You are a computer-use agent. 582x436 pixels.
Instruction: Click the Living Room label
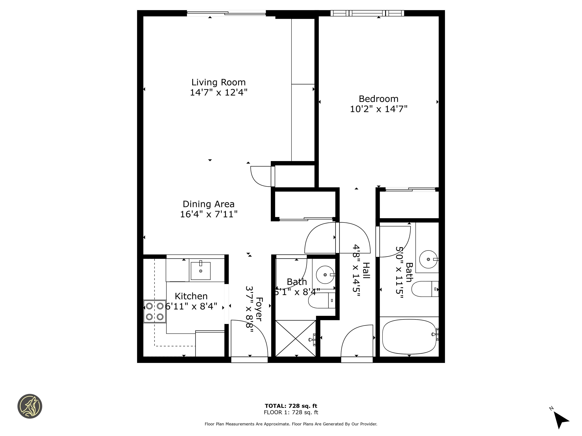(218, 83)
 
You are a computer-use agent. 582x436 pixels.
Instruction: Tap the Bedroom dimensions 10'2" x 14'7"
(378, 109)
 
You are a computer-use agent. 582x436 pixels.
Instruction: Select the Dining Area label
(208, 204)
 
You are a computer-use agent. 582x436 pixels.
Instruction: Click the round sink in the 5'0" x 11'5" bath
(428, 259)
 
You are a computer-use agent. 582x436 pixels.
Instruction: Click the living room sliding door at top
(226, 13)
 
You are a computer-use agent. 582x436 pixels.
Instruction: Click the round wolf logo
(30, 406)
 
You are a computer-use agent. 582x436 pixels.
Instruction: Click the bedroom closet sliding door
(411, 189)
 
